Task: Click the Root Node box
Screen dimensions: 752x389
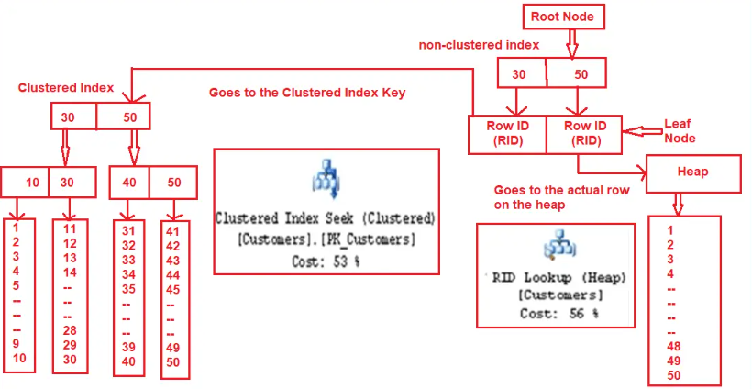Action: point(562,17)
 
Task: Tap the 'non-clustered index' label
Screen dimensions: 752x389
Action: point(479,45)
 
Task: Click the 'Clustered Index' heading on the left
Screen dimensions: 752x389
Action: point(66,88)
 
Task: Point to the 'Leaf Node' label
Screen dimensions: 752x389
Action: point(680,130)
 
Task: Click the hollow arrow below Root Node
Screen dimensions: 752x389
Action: point(571,44)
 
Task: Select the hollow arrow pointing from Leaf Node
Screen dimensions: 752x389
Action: point(642,131)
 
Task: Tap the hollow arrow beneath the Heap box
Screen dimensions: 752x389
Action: point(677,204)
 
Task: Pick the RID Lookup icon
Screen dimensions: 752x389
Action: point(559,244)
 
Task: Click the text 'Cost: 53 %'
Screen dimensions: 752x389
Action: point(326,261)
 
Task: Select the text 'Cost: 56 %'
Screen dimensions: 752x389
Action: point(559,314)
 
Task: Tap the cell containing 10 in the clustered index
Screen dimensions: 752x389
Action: point(25,183)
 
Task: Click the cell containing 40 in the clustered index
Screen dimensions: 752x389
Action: point(129,183)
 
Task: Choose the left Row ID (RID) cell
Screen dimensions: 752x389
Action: point(507,134)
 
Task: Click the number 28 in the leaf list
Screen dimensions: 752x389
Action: point(70,330)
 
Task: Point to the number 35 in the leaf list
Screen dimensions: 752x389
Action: point(128,289)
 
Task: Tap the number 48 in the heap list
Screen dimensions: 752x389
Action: point(673,346)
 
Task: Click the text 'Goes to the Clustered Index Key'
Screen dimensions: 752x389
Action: point(307,93)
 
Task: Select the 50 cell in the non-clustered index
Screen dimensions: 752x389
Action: point(577,73)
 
